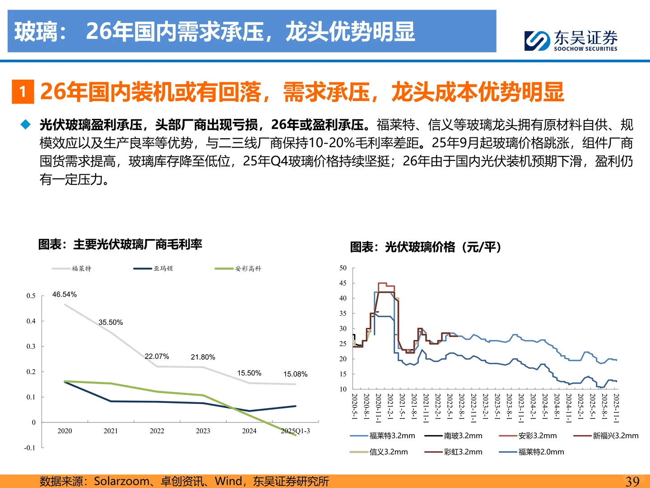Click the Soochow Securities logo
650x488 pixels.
click(x=571, y=41)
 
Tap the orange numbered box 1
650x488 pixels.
click(x=23, y=92)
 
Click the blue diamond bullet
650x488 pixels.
click(x=26, y=125)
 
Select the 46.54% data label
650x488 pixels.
click(x=65, y=295)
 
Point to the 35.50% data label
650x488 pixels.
click(x=111, y=323)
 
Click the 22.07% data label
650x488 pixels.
click(x=157, y=357)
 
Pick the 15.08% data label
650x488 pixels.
click(x=295, y=374)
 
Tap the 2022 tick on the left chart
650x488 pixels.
click(x=157, y=431)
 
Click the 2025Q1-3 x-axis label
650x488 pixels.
click(x=295, y=431)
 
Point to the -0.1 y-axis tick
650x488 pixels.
click(x=30, y=448)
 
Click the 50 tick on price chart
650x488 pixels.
click(x=343, y=268)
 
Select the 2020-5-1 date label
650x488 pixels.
click(x=354, y=407)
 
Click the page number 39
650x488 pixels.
click(x=632, y=482)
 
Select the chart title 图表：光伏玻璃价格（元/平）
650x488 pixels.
click(x=426, y=247)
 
